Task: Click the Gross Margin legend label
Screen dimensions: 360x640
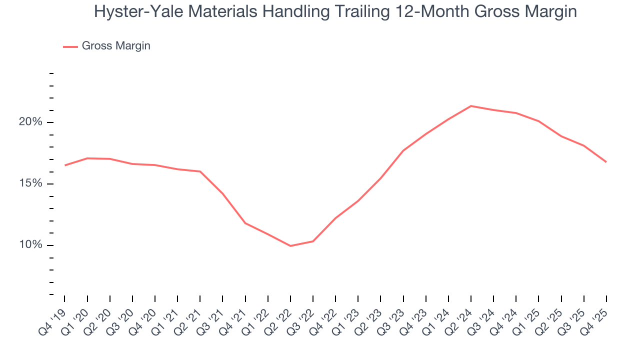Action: coord(116,46)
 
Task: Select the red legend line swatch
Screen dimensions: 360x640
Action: coord(70,46)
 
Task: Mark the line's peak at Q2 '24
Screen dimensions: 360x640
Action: coord(471,106)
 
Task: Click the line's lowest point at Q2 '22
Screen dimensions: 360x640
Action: coord(290,246)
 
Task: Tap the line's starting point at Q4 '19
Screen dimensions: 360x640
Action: coord(65,165)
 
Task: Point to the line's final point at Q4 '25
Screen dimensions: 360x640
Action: coord(606,162)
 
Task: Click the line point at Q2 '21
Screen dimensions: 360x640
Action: coord(200,171)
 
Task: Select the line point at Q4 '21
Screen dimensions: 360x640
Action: coord(245,223)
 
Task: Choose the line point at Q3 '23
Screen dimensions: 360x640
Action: coord(403,150)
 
